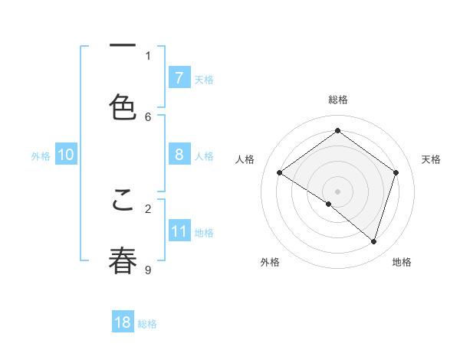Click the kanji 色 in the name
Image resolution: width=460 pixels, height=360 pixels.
pos(123,106)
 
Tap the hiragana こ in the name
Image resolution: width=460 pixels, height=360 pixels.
pos(123,198)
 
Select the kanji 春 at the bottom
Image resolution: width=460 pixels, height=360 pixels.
pos(123,260)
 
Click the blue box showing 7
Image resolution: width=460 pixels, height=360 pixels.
pos(179,77)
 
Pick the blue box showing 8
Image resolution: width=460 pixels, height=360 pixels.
pos(179,155)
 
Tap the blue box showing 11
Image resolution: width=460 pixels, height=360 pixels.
pos(179,231)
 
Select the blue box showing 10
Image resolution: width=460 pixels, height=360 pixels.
pos(66,155)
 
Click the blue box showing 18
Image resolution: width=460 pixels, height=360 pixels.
pos(123,322)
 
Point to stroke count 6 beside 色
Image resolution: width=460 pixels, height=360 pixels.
pos(148,116)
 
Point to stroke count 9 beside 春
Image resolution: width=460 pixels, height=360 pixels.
pos(148,270)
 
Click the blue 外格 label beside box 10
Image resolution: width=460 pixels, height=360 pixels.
pos(41,155)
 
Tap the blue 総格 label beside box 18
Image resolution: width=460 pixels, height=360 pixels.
pos(147,324)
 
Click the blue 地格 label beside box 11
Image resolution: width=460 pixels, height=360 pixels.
pos(204,233)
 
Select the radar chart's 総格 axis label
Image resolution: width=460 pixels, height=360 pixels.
pos(338,100)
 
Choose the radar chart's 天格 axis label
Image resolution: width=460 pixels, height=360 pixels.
pos(431,159)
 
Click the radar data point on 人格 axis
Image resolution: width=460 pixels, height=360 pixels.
pos(280,173)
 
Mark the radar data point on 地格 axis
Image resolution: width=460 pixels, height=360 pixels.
pos(373,241)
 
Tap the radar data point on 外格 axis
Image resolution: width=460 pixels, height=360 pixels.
pos(329,204)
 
